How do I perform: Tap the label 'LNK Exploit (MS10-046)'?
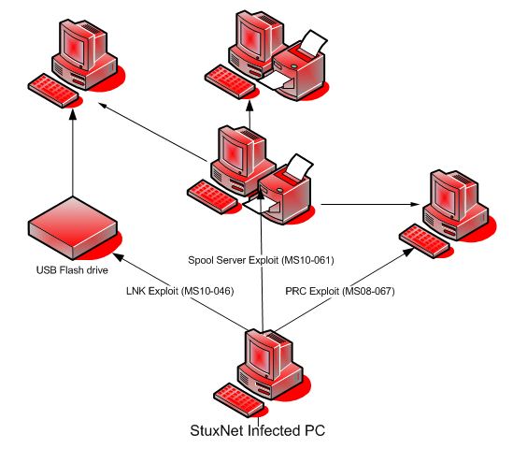179,291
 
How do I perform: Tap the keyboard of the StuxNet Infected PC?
238,397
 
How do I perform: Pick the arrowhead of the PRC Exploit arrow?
410,248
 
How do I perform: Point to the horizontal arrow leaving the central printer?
369,204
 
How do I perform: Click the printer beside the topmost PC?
302,65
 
